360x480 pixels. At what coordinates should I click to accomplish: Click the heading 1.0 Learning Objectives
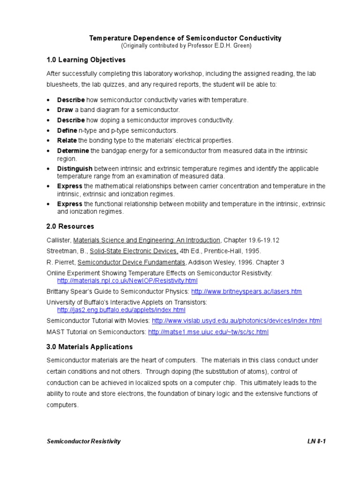point(86,60)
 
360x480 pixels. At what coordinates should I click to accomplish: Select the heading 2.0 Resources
point(70,226)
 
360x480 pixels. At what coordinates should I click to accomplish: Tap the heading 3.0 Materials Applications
point(90,347)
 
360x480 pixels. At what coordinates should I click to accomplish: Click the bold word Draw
point(65,110)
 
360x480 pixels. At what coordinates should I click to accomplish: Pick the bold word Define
point(66,130)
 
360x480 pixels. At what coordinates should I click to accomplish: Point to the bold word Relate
point(67,140)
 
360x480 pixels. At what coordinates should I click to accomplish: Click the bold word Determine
point(73,150)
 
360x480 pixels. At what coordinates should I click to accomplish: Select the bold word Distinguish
point(75,168)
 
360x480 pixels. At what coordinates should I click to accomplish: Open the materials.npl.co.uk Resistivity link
point(127,281)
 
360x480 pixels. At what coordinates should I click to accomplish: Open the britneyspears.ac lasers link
point(247,292)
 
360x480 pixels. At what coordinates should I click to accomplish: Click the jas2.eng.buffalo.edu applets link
point(121,310)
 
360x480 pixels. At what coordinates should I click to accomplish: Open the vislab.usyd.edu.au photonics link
point(237,321)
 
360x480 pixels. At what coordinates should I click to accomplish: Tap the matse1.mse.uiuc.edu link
point(208,332)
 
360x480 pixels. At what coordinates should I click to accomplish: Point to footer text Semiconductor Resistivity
point(83,441)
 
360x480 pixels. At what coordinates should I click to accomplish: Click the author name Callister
point(59,240)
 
